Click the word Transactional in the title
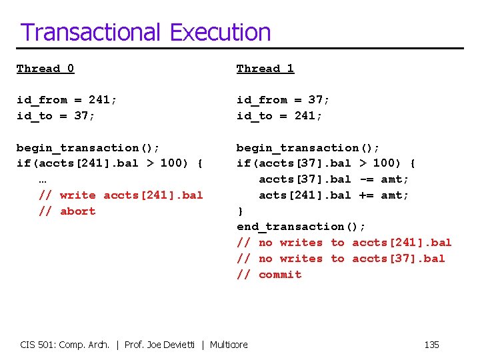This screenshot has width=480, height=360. click(91, 32)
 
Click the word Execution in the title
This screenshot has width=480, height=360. click(220, 32)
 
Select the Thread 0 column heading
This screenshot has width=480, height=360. click(45, 69)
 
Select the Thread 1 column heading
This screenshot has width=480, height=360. click(265, 69)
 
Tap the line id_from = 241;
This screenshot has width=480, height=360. click(67, 100)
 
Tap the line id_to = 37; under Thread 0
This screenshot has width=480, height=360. click(56, 116)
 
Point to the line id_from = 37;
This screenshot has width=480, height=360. click(283, 100)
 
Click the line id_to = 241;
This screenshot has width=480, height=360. click(279, 116)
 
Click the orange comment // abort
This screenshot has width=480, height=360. click(67, 211)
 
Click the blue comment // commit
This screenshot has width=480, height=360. click(269, 275)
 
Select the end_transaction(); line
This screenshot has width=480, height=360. click(301, 227)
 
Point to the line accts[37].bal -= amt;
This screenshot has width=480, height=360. click(334, 179)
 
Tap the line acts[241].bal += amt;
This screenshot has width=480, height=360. click(334, 195)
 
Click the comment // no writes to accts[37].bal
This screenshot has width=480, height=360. click(341, 259)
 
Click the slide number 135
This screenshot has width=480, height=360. click(431, 345)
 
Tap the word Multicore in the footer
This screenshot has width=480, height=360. click(229, 345)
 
